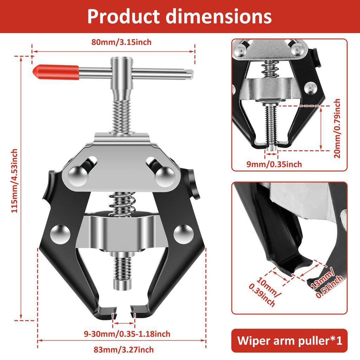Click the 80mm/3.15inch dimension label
pos(121,43)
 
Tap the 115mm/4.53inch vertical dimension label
pos(14,180)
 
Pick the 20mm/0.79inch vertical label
pos(337,128)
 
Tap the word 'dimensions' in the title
pos(225,16)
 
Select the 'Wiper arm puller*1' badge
pos(289,341)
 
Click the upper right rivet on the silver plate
pos(165,174)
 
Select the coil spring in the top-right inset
pos(270,69)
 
